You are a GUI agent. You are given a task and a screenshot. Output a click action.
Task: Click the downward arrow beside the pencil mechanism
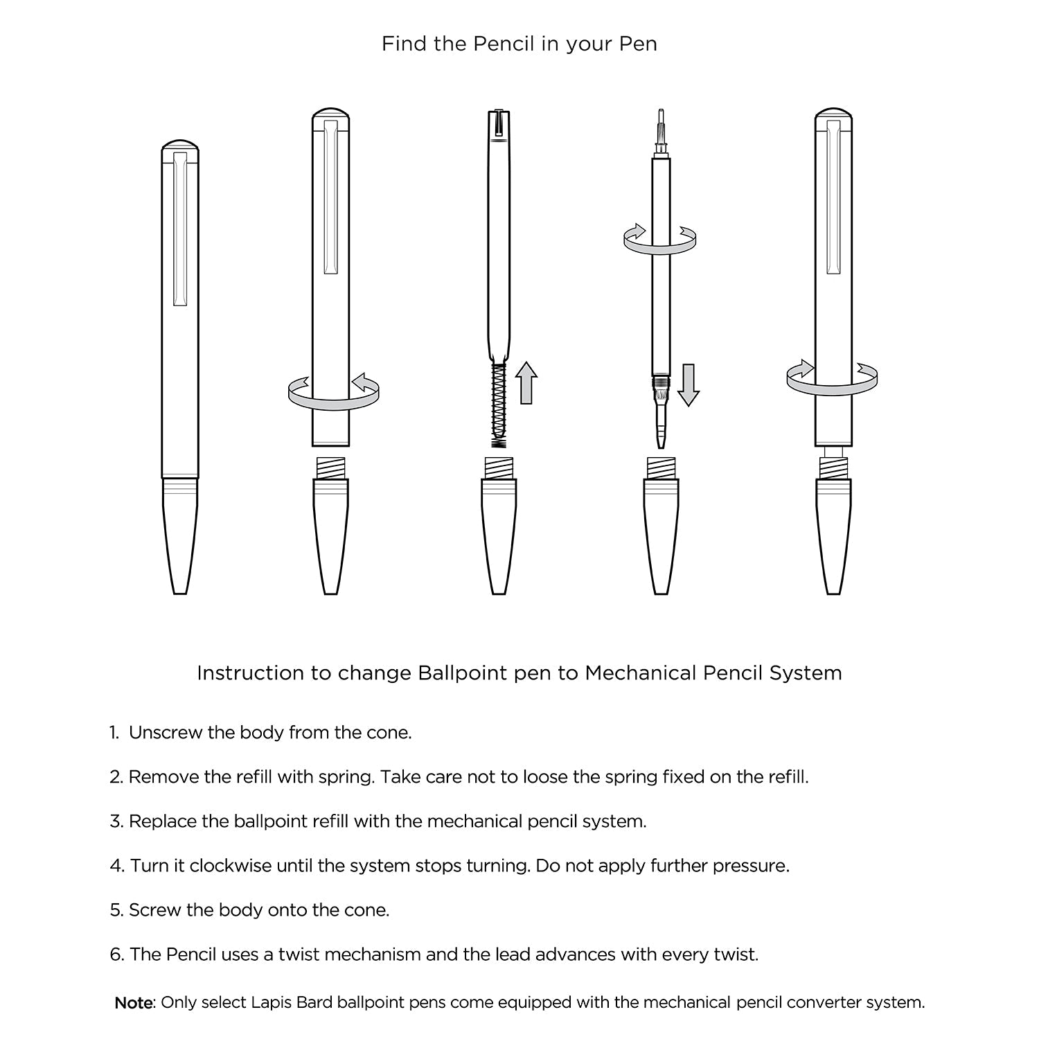(688, 384)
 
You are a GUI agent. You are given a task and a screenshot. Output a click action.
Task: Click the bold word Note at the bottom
(133, 1003)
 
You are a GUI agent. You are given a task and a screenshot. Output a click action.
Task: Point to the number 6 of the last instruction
(116, 954)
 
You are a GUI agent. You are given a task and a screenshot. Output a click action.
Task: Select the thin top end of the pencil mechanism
(660, 114)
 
